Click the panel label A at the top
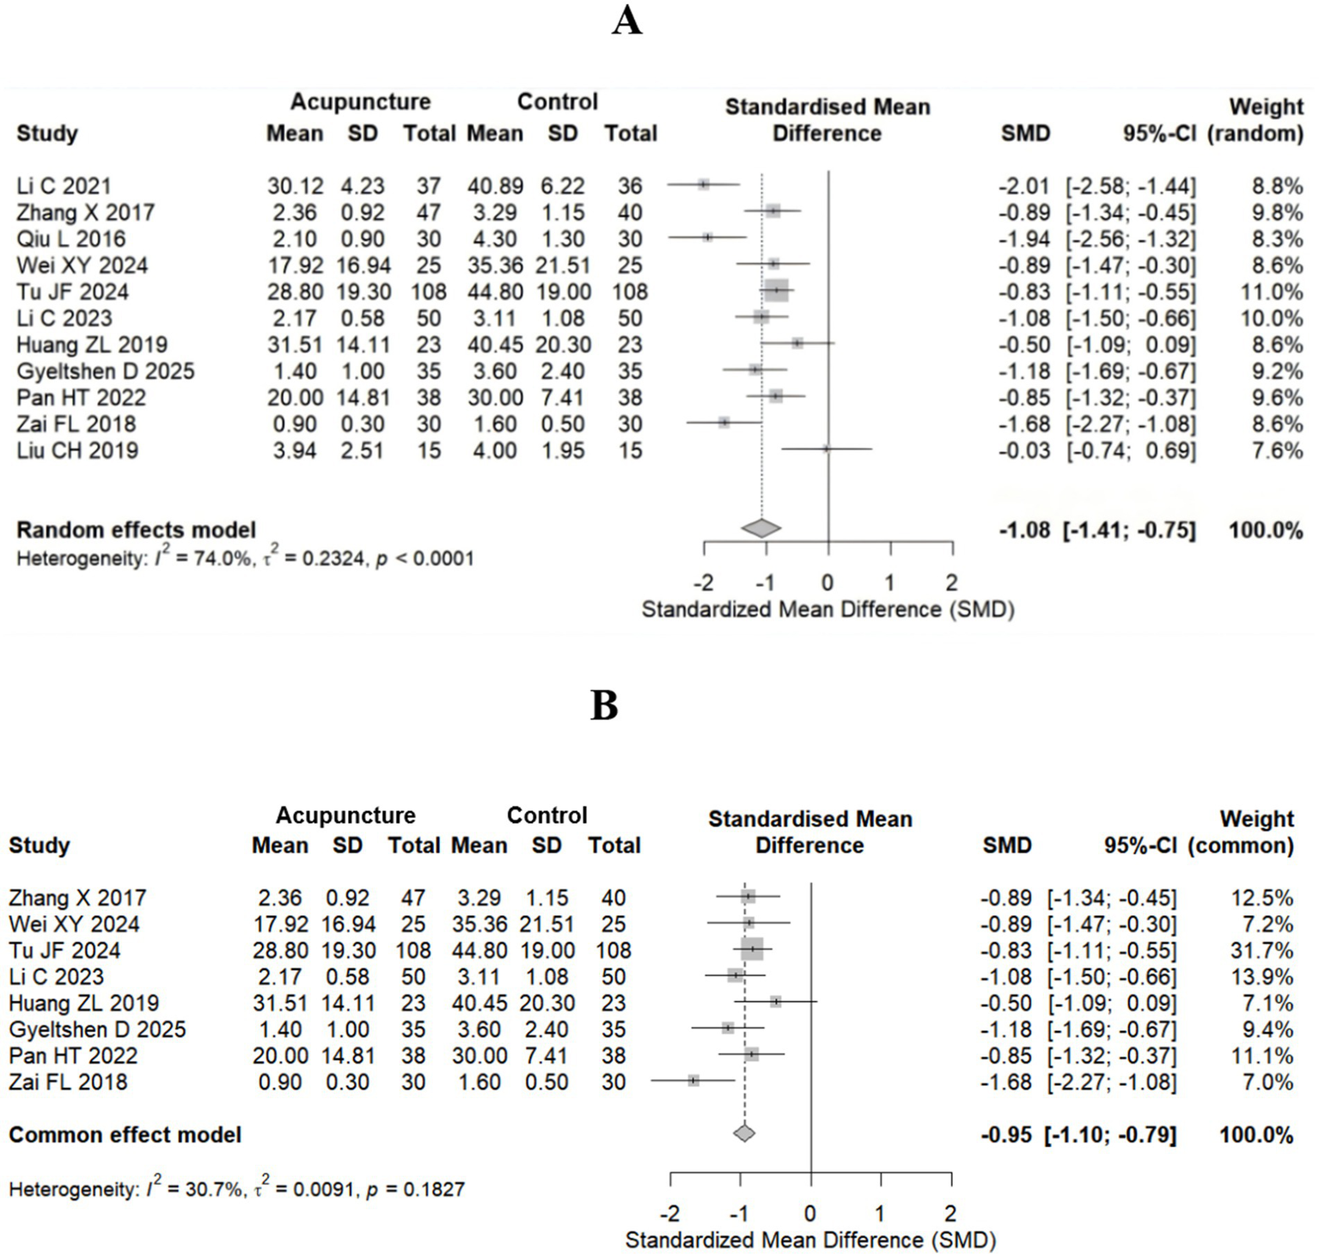pyautogui.click(x=626, y=20)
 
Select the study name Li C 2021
pyautogui.click(x=64, y=186)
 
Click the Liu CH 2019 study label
pyautogui.click(x=76, y=451)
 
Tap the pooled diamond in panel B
pyautogui.click(x=744, y=1133)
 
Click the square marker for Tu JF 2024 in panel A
pyautogui.click(x=777, y=291)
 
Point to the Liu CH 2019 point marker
pyautogui.click(x=826, y=448)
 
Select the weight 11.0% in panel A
pyautogui.click(x=1271, y=292)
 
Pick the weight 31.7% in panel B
pyautogui.click(x=1261, y=950)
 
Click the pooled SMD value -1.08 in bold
pyautogui.click(x=1024, y=530)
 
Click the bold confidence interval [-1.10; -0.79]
pyautogui.click(x=1109, y=1135)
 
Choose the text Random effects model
pyautogui.click(x=136, y=530)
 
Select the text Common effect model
pyautogui.click(x=125, y=1135)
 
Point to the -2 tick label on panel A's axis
pyautogui.click(x=703, y=583)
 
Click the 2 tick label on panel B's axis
pyautogui.click(x=950, y=1213)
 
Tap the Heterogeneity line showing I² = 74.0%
pyautogui.click(x=245, y=559)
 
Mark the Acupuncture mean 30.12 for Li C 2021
pyautogui.click(x=295, y=186)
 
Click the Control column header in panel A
pyautogui.click(x=557, y=101)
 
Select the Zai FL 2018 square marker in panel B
pyautogui.click(x=693, y=1080)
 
